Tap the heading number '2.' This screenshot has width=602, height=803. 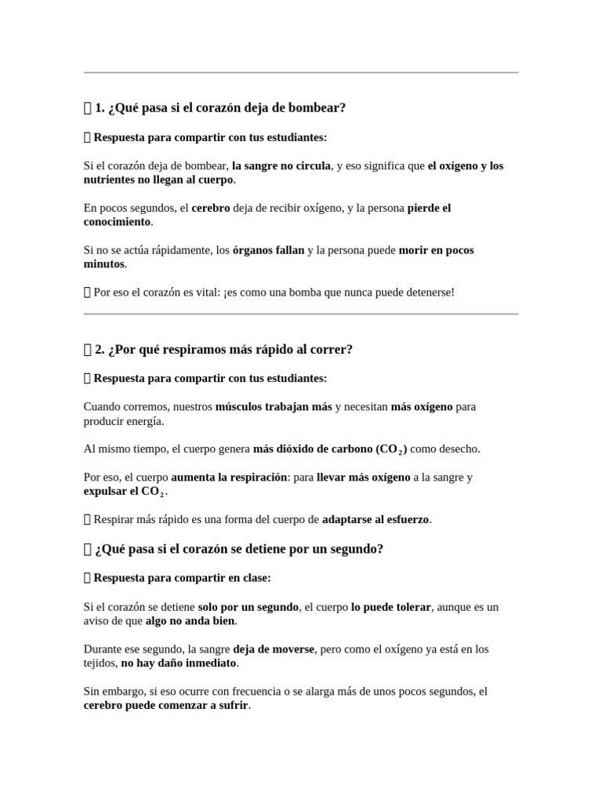(100, 349)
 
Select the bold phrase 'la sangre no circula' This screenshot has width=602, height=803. (281, 165)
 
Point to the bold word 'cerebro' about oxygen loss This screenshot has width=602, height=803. (210, 208)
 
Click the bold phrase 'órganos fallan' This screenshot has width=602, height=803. (268, 250)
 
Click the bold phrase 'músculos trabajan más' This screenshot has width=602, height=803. (274, 407)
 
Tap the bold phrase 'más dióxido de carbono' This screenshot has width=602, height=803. (313, 449)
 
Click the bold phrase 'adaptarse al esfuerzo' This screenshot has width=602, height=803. (376, 519)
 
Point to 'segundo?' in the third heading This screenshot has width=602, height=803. (359, 549)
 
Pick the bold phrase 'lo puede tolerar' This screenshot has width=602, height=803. (390, 607)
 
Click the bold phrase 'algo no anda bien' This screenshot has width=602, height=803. (190, 620)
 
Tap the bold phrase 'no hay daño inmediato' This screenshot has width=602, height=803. (179, 663)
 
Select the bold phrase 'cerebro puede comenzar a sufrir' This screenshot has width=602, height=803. (166, 705)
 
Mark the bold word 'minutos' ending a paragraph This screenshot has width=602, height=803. (104, 263)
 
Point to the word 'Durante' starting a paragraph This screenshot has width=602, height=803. (104, 649)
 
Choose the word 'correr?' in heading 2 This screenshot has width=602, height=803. (331, 349)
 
